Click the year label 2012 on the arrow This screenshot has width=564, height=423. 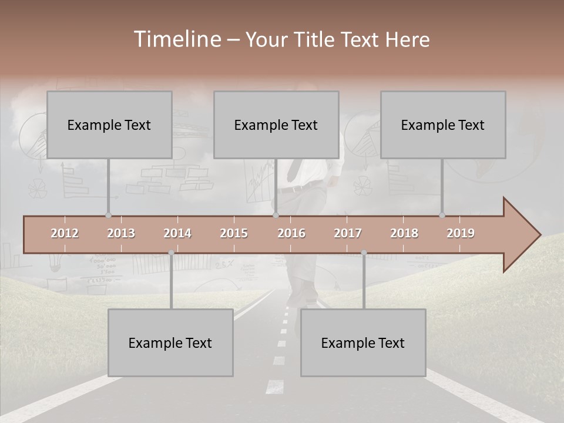65,233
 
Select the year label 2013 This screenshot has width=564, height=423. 121,233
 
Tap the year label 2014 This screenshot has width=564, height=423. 177,233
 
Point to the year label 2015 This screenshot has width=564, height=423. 234,233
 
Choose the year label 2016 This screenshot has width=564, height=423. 291,233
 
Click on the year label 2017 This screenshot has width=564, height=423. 348,233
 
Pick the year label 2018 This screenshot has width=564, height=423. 404,233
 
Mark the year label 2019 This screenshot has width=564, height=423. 461,233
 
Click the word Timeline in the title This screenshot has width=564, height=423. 177,39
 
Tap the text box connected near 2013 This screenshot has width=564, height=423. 109,125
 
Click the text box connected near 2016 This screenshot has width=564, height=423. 276,125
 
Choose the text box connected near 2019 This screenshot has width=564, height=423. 443,125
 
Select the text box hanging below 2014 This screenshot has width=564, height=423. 170,343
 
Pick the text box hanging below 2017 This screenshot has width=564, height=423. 363,343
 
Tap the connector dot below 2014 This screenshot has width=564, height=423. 171,253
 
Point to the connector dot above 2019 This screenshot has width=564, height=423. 442,215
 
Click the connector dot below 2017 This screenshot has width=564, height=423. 364,253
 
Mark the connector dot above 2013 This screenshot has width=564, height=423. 108,215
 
